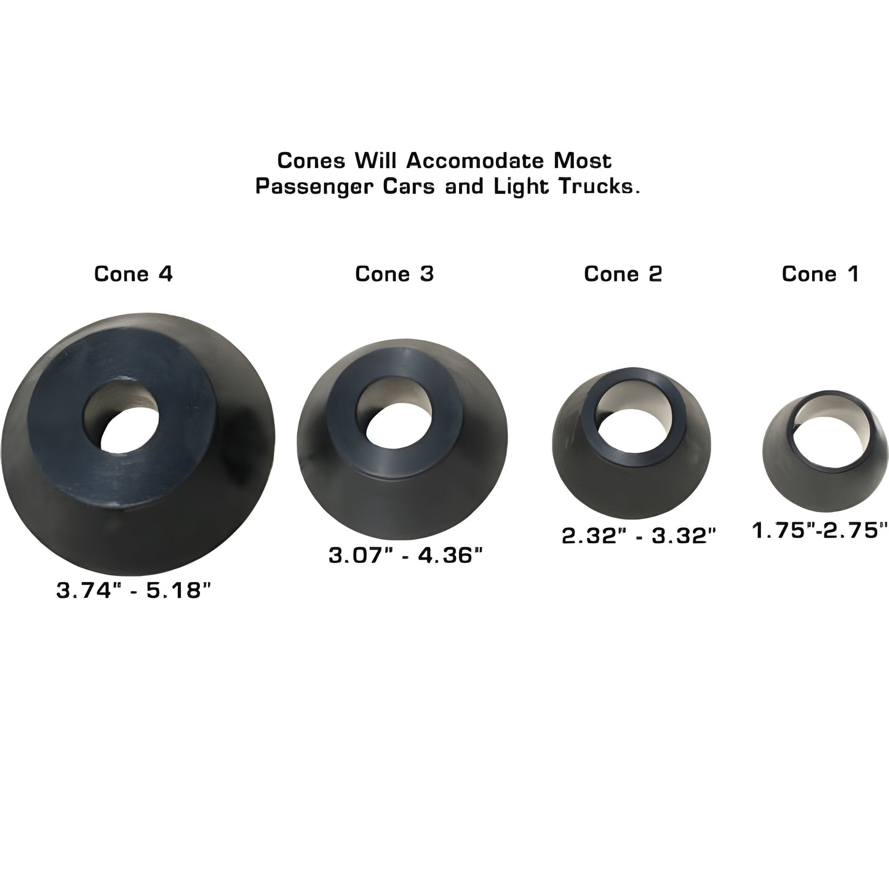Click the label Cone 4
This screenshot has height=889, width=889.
[x=134, y=274]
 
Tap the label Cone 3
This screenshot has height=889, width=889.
[x=394, y=274]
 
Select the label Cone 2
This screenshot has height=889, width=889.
[x=623, y=274]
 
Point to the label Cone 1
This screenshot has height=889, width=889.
[x=819, y=274]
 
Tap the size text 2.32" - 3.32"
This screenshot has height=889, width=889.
[x=640, y=536]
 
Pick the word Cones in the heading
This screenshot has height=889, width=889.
[x=309, y=161]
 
